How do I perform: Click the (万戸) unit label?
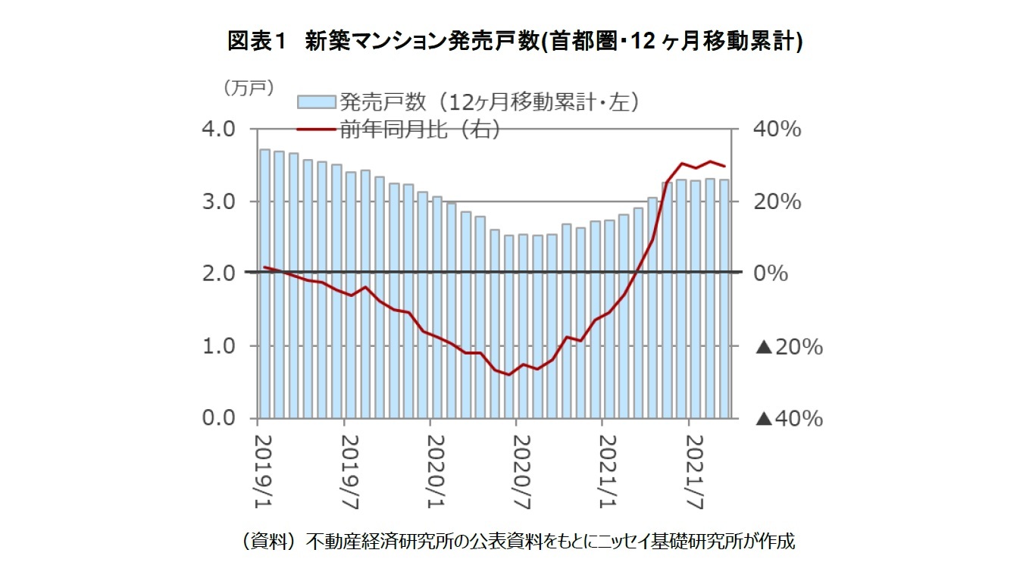(248, 89)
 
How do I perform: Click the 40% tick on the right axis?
(776, 129)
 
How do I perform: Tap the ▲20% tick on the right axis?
(789, 347)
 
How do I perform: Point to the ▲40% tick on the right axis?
(789, 418)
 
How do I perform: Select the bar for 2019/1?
(264, 284)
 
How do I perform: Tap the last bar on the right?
(724, 298)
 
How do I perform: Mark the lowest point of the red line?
(508, 374)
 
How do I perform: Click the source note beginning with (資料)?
(515, 542)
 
